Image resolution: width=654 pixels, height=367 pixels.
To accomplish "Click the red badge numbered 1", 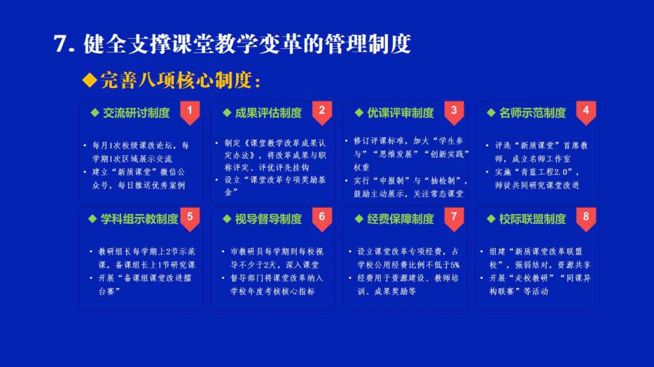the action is coord(190,112).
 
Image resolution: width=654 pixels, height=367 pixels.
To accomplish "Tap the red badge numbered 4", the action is coord(586,112).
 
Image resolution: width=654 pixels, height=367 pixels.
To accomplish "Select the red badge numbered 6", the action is coord(322,219).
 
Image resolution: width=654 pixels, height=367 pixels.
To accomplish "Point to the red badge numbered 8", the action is coord(586,219).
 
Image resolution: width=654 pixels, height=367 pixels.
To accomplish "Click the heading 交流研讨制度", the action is coord(137,113).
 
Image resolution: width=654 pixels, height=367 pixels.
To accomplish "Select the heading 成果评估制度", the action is coord(269,113).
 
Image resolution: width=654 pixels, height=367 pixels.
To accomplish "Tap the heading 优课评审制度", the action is coord(401,113).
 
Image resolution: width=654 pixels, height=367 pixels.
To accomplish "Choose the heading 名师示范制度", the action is coord(532,113).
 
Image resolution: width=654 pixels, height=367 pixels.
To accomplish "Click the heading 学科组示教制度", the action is coord(140,219).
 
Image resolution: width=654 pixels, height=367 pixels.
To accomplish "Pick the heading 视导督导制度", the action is coord(269,219).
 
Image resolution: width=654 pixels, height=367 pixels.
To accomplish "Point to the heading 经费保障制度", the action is coord(401,219).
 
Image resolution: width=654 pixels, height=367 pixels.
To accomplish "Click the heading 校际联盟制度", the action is coord(532,219).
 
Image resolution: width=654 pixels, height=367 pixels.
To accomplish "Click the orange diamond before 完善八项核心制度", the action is coord(90,80).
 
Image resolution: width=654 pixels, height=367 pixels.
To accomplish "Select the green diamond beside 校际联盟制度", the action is coord(491,219).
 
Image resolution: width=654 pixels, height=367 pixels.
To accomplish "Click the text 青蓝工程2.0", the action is coord(542,172).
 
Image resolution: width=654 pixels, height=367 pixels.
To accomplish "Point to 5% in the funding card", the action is coord(455,265).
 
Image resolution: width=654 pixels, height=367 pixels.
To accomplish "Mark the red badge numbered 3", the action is coord(455,112).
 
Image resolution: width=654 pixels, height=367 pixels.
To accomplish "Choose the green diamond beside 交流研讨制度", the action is coord(95,113).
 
